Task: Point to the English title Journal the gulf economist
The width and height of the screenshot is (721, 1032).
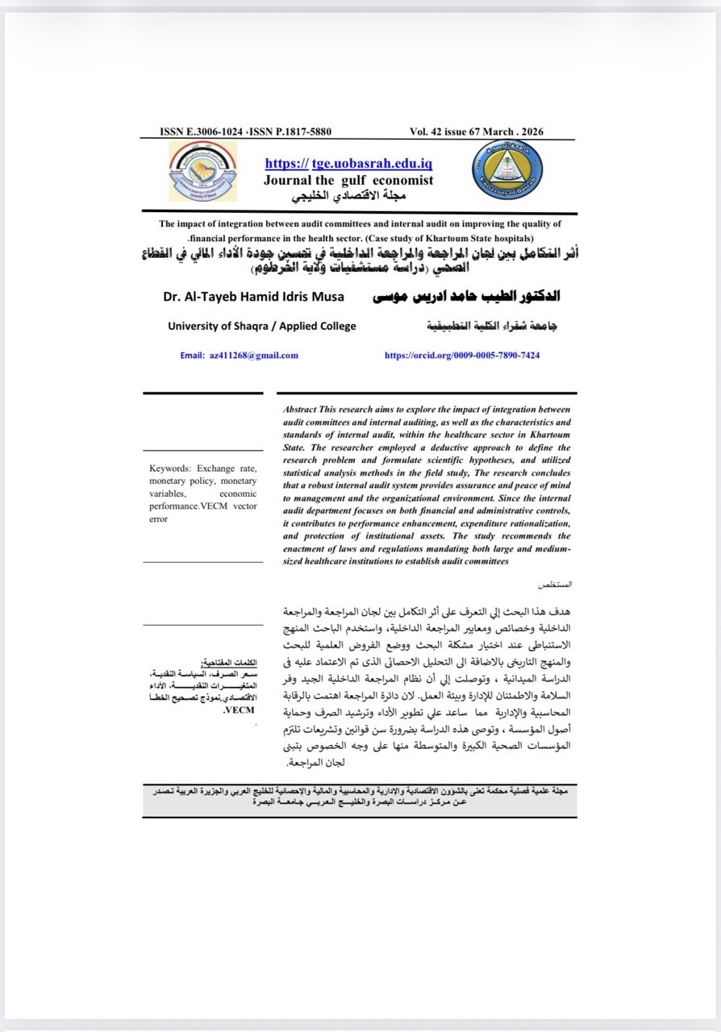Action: [348, 180]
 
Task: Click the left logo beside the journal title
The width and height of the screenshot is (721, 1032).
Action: [203, 171]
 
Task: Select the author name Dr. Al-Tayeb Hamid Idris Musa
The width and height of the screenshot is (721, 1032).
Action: [253, 297]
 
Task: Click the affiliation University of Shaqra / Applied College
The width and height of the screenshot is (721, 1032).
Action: [261, 326]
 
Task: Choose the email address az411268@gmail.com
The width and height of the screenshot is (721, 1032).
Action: [252, 355]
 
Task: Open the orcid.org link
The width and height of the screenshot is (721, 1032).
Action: [462, 355]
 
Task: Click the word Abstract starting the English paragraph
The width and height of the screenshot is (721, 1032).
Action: [299, 410]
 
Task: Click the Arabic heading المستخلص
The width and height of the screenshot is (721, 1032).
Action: [556, 583]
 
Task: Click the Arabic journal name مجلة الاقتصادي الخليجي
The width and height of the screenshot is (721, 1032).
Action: [348, 197]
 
